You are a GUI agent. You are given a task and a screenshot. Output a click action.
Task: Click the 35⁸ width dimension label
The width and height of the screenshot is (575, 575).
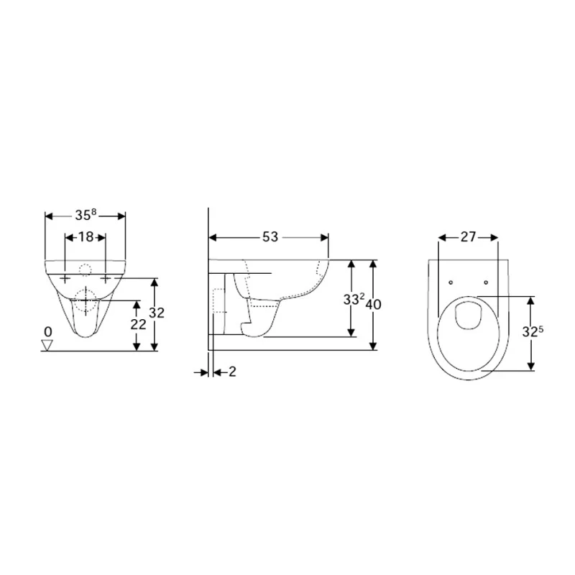(x=86, y=215)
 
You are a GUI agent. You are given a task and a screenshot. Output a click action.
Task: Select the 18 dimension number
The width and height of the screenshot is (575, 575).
(x=86, y=237)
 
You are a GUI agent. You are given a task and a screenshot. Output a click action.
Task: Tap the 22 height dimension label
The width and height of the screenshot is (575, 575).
(x=138, y=324)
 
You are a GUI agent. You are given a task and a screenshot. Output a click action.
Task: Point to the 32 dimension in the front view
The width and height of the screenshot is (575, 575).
(x=157, y=313)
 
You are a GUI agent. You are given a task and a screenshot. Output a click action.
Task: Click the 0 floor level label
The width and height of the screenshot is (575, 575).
(x=48, y=332)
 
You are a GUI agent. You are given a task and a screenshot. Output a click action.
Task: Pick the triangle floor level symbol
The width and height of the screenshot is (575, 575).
(x=47, y=345)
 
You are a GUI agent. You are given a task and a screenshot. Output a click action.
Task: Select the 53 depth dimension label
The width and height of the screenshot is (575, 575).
(x=270, y=237)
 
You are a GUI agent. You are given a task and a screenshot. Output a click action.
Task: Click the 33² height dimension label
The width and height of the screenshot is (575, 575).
(x=354, y=299)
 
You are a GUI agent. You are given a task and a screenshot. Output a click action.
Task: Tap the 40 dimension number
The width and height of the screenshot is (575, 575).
(x=374, y=304)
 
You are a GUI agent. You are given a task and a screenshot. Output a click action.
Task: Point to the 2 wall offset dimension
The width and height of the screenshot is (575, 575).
(x=232, y=372)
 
